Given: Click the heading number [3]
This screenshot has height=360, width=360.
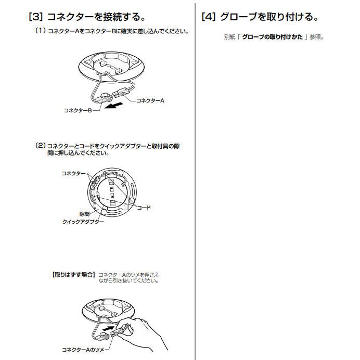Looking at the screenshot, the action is click(35, 17).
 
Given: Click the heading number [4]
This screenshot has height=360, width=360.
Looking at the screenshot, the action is click(209, 17).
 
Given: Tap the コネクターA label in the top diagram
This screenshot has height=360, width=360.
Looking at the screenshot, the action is click(150, 100).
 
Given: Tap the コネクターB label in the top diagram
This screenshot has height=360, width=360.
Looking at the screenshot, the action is click(78, 110).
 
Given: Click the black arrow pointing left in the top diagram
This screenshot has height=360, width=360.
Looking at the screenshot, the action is click(113, 106).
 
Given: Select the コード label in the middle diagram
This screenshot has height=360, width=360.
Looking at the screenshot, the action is click(144, 208).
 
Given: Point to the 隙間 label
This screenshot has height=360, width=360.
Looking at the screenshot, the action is click(84, 214).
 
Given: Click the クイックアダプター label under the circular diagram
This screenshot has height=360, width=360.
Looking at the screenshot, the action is click(83, 222).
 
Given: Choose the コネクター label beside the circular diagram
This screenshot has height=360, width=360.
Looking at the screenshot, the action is click(73, 173).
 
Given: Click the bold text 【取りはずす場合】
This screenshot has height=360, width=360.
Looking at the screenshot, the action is click(73, 275).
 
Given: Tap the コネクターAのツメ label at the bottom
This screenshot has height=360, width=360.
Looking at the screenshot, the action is click(83, 350).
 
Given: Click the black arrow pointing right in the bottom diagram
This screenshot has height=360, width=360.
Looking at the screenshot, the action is click(109, 328).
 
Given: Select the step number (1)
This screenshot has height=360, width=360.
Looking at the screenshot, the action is click(41, 31).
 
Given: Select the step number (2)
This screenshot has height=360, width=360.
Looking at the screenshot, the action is click(41, 146).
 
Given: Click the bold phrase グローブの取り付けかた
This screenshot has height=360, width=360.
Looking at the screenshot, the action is click(272, 37).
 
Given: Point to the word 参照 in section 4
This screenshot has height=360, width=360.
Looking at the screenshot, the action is click(315, 37).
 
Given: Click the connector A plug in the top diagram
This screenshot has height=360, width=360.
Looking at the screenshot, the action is click(121, 92).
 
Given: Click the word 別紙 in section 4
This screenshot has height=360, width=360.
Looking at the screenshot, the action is click(229, 37).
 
